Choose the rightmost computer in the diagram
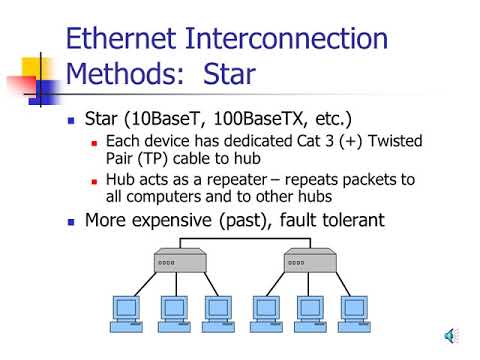tap(354, 312)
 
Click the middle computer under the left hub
tap(174, 312)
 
